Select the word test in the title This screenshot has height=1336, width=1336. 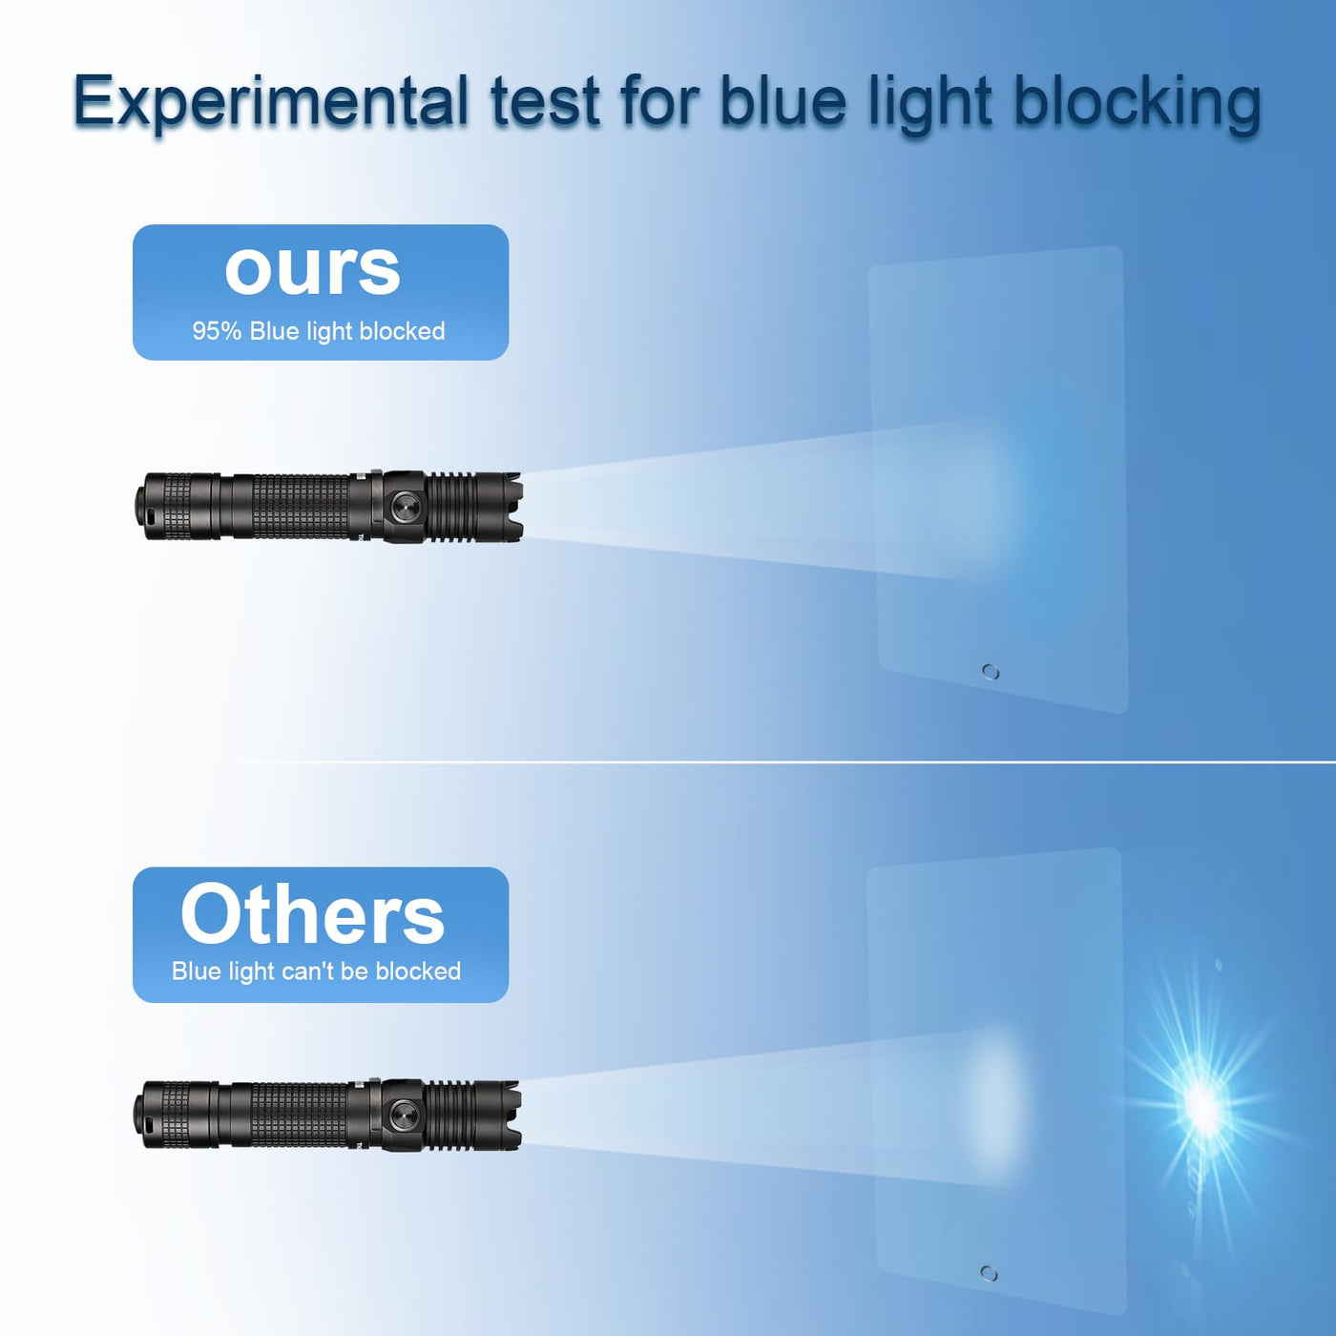[x=544, y=103]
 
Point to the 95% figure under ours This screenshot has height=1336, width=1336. [x=217, y=331]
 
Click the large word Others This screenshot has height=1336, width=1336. [x=312, y=914]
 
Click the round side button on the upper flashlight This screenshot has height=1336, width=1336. [x=404, y=507]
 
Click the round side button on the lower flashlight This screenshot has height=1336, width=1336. [x=403, y=1116]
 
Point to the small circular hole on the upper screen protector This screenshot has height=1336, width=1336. [x=992, y=672]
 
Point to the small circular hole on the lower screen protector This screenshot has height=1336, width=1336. [x=990, y=1274]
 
